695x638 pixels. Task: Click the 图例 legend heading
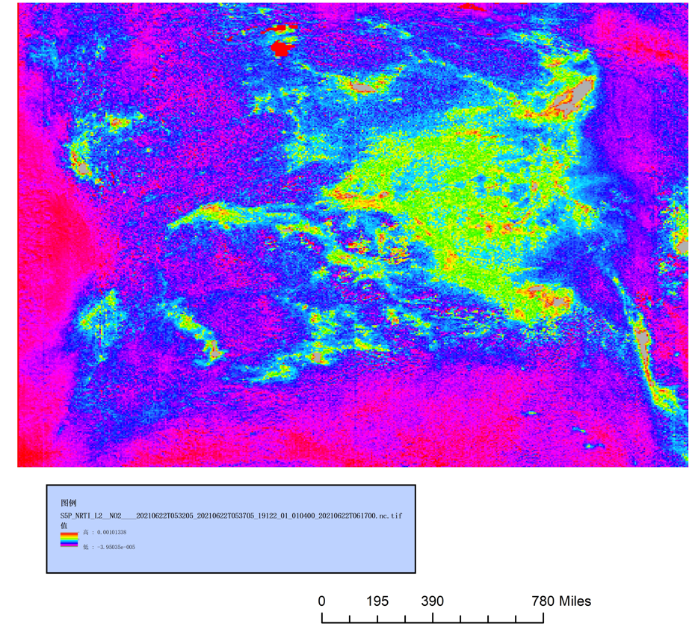[68, 503]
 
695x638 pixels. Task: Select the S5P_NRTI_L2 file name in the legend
[232, 515]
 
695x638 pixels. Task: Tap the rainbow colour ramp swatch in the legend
[69, 539]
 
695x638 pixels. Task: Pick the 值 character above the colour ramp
[64, 526]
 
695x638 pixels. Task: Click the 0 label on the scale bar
[322, 601]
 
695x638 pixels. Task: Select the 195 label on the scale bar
[377, 601]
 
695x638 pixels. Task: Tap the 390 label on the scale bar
[433, 601]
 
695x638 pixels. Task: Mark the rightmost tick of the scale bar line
[543, 618]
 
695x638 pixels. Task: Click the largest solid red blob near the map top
[282, 49]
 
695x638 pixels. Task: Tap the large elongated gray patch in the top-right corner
[575, 93]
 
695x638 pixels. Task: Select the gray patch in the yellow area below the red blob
[364, 88]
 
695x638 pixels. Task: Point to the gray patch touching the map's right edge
[683, 246]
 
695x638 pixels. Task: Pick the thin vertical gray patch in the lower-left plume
[214, 348]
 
